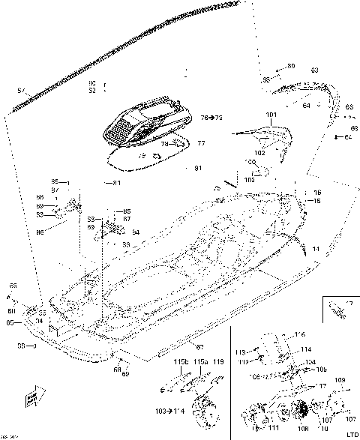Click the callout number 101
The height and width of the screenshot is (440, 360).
pos(271,115)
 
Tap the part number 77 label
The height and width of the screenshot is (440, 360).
pos(181,142)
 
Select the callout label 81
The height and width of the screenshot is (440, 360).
pos(198,168)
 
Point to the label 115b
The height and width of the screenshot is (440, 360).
pos(181,362)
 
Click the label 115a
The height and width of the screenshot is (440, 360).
pos(200,362)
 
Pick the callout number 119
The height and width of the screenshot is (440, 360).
pos(218,362)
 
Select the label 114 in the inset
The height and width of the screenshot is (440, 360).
pos(306,349)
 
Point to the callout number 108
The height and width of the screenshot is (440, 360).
pos(304,429)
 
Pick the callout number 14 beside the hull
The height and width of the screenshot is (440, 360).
pos(316,247)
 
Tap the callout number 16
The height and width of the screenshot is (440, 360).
pos(317,193)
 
